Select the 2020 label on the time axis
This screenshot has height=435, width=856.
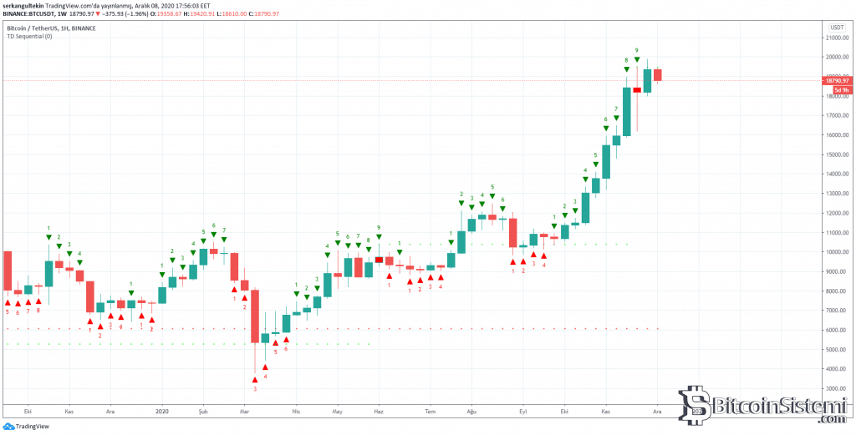(x=161, y=412)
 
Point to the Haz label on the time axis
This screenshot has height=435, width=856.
(x=379, y=412)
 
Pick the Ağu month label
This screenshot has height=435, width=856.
(x=471, y=412)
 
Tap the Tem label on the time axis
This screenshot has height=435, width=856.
(x=431, y=412)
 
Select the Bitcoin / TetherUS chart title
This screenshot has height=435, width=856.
(x=57, y=28)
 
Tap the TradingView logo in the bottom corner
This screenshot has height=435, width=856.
(x=27, y=426)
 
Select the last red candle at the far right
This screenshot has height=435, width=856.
(x=658, y=75)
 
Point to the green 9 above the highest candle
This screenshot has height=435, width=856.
(x=637, y=50)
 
